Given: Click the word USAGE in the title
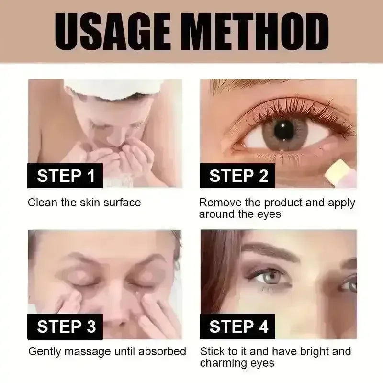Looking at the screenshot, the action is tap(113, 32).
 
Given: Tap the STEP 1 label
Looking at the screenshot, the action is tap(65, 176).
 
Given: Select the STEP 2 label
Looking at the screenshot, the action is tap(237, 176).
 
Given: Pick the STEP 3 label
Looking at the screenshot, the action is tap(65, 327).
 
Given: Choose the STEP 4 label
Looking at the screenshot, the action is tap(237, 327).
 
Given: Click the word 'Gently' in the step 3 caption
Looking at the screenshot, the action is tap(45, 352).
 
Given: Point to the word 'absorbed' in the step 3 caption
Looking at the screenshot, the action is tap(162, 351).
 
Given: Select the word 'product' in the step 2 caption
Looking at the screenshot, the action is tap(284, 203).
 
